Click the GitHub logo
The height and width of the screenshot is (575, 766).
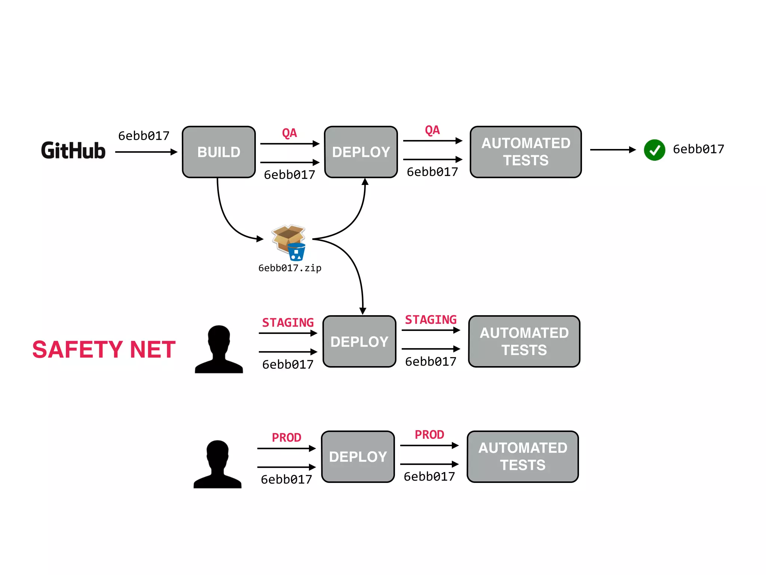(x=73, y=150)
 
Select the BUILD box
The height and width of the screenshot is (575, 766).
(x=219, y=152)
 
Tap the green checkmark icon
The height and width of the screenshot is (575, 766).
(x=654, y=150)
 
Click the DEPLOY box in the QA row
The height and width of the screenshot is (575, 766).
(x=361, y=152)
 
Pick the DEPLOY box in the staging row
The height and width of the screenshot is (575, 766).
(x=359, y=341)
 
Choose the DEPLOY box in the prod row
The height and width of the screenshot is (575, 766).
(x=358, y=456)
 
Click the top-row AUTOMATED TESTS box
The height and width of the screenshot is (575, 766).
(x=526, y=152)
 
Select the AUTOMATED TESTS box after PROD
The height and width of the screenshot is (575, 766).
(x=523, y=456)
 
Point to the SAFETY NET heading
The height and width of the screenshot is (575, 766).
(x=104, y=349)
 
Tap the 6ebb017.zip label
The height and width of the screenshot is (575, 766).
(x=290, y=268)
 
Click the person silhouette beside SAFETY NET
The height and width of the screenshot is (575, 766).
(x=219, y=349)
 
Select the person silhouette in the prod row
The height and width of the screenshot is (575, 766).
(x=217, y=464)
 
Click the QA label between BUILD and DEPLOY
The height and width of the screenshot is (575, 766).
(x=289, y=133)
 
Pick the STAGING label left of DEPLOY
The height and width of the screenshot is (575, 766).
(x=288, y=322)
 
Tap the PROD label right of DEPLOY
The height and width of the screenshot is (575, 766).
(x=429, y=435)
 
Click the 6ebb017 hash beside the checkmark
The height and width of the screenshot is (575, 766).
(x=698, y=149)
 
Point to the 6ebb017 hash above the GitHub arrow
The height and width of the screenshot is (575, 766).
(x=144, y=136)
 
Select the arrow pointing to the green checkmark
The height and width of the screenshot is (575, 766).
(x=613, y=150)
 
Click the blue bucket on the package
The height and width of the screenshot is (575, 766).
(x=297, y=252)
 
